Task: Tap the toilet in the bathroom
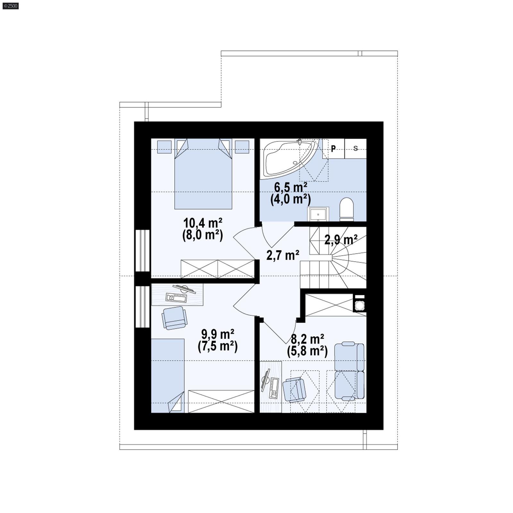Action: pyautogui.click(x=346, y=208)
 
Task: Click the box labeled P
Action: pyautogui.click(x=333, y=148)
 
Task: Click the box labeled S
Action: pyautogui.click(x=356, y=148)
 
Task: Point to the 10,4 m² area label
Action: pyautogui.click(x=203, y=222)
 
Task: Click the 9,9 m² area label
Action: pyautogui.click(x=218, y=334)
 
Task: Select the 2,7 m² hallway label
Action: pyautogui.click(x=283, y=255)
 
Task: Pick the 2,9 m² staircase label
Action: pyautogui.click(x=341, y=240)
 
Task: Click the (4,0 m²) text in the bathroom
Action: pyautogui.click(x=290, y=199)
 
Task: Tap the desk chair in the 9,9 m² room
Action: pyautogui.click(x=174, y=318)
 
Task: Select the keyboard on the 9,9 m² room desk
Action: pyautogui.click(x=176, y=298)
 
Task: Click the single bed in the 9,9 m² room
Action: pyautogui.click(x=167, y=375)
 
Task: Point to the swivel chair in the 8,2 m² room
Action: pyautogui.click(x=294, y=389)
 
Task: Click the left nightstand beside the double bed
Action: pyautogui.click(x=164, y=147)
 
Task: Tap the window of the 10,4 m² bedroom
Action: pyautogui.click(x=142, y=250)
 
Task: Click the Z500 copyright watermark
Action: pyautogui.click(x=11, y=6)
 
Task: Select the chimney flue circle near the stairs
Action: pyautogui.click(x=359, y=305)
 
